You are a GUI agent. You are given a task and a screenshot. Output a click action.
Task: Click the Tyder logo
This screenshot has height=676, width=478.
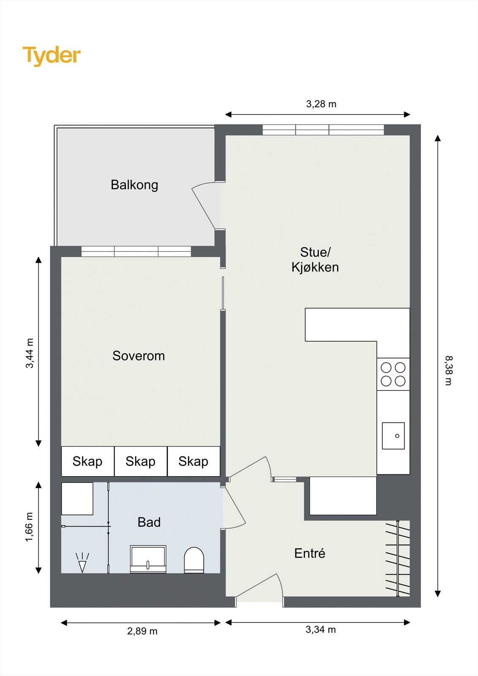[x=52, y=55]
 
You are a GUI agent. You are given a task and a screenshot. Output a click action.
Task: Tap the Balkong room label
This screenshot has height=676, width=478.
[x=134, y=185]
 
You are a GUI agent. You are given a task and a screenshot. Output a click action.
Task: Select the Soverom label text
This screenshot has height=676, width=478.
[x=138, y=356]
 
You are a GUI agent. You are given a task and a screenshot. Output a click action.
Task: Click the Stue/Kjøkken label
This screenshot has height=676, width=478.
[x=315, y=259]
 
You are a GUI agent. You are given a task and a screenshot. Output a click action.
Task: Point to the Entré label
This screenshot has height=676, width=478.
[x=309, y=553]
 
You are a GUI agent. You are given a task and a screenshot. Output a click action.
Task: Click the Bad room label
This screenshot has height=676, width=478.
[x=149, y=522]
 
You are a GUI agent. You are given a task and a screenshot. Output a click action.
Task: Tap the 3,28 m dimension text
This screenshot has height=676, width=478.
[x=321, y=104]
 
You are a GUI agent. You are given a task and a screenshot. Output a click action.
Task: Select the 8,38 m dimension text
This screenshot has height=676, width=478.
[x=448, y=370]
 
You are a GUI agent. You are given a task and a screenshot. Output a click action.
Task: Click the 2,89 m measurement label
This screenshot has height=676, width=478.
[x=142, y=631]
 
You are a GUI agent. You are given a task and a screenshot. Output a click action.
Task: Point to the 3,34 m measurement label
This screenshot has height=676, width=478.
[x=320, y=630]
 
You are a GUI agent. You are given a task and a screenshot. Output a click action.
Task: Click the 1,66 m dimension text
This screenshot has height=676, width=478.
[x=29, y=527]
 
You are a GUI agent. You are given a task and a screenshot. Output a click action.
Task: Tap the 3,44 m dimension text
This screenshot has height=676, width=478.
[x=29, y=353]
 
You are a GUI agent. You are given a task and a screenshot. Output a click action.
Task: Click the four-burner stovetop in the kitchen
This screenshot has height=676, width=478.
[x=393, y=374]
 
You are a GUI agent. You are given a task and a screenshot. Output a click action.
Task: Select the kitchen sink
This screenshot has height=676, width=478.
[x=393, y=436]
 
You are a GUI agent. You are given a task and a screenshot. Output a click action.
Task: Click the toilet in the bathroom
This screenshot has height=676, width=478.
[x=194, y=560]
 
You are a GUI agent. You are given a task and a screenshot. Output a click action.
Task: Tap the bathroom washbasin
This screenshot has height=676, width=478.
[x=148, y=559]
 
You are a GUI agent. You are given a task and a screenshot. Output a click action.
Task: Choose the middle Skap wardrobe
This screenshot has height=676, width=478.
[x=140, y=461]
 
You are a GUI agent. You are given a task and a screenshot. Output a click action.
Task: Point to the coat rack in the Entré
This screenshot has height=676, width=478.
[x=397, y=558]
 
